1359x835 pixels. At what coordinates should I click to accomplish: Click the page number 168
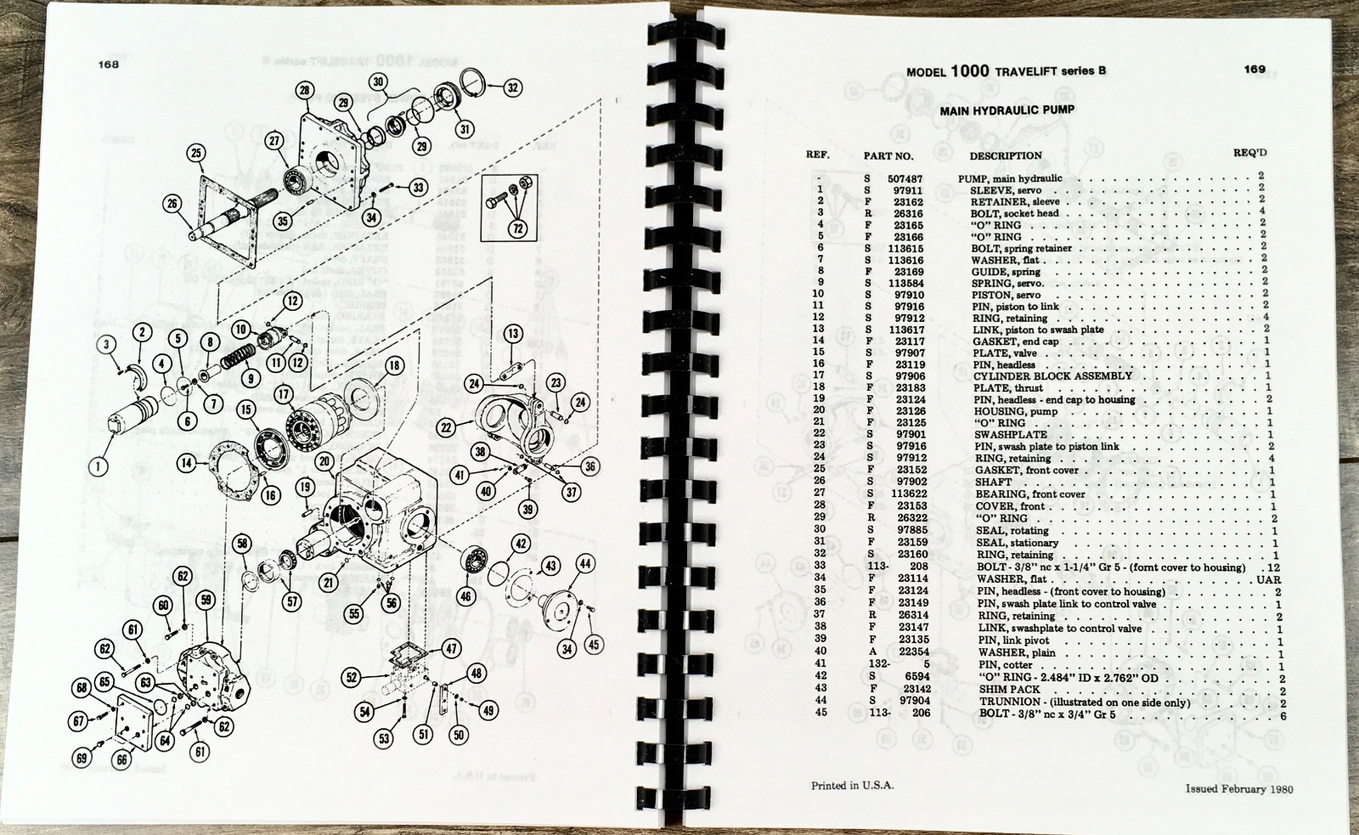tap(108, 64)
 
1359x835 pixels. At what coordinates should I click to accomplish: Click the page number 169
tap(1255, 70)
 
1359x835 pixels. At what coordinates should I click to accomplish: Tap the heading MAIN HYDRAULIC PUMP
tap(1007, 110)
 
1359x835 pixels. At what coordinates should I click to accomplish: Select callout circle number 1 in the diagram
tap(99, 466)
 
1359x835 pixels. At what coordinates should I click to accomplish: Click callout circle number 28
tap(305, 91)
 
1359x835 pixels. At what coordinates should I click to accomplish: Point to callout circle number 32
tap(512, 87)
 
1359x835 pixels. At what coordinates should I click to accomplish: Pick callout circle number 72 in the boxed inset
tap(517, 228)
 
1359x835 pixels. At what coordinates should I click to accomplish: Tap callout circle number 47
tap(451, 649)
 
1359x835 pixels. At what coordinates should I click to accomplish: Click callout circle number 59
tap(205, 600)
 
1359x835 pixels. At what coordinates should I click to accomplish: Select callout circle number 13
tap(512, 334)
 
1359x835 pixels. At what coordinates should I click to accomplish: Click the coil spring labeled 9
tap(238, 361)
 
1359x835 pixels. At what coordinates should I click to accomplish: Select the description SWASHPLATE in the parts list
tap(1012, 434)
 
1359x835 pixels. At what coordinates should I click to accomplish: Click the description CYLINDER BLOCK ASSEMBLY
tap(1052, 375)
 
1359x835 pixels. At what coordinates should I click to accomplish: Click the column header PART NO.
tap(888, 156)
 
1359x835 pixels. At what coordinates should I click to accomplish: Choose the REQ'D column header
tap(1249, 153)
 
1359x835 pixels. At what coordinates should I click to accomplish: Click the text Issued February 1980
tap(1239, 788)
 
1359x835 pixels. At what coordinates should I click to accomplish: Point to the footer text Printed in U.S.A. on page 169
tap(852, 786)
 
